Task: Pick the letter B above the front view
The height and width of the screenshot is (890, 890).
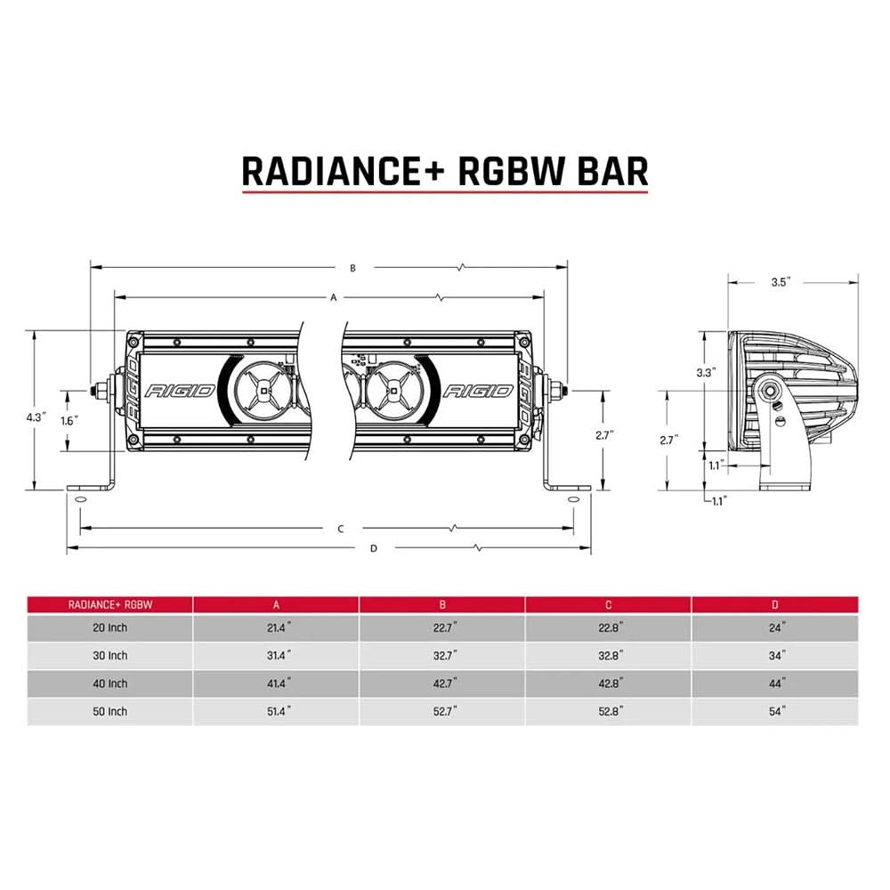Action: pyautogui.click(x=352, y=267)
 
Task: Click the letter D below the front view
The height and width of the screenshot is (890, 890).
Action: pyautogui.click(x=373, y=548)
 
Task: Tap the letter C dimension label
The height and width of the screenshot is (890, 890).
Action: pyautogui.click(x=340, y=529)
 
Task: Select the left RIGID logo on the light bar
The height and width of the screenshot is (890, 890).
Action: pyautogui.click(x=180, y=391)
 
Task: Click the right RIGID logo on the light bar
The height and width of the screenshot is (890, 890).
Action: pyautogui.click(x=478, y=391)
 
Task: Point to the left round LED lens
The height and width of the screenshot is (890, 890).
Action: pyautogui.click(x=264, y=390)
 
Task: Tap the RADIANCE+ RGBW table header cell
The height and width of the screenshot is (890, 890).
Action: pyautogui.click(x=110, y=604)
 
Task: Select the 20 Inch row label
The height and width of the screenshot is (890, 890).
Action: pyautogui.click(x=110, y=627)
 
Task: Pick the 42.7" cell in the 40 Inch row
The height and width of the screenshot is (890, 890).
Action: pyautogui.click(x=442, y=684)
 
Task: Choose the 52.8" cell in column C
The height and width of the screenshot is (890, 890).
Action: pyautogui.click(x=609, y=712)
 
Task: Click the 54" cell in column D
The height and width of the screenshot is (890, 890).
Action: pyautogui.click(x=777, y=712)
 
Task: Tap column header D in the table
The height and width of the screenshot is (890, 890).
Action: pyautogui.click(x=776, y=604)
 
